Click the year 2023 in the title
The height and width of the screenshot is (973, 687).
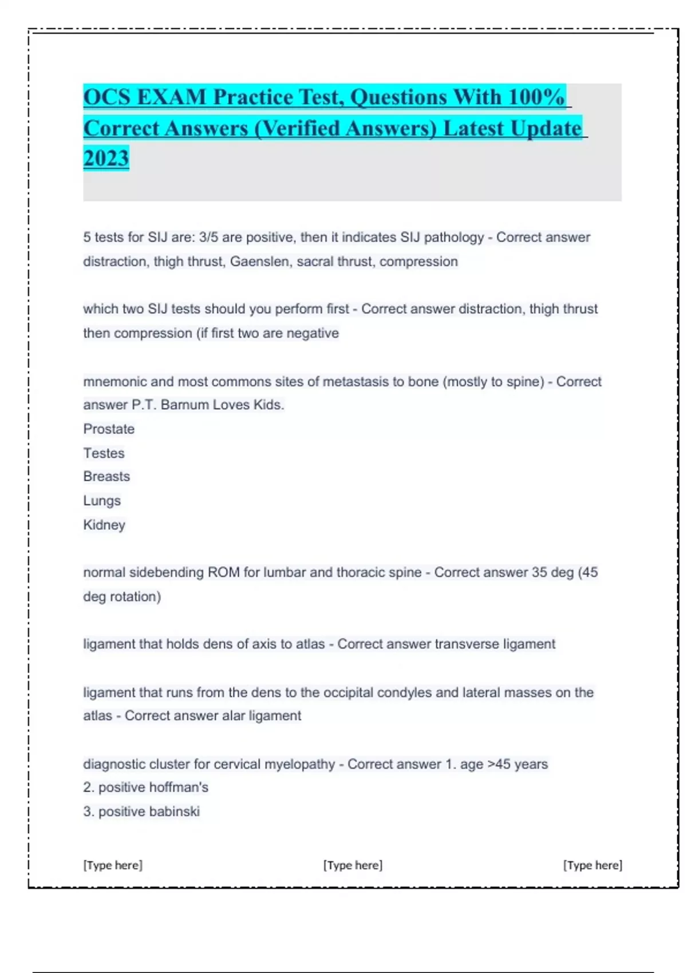(106, 158)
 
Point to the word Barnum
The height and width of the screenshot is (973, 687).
(184, 405)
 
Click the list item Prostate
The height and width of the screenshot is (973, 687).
(109, 429)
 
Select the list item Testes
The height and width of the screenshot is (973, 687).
(104, 453)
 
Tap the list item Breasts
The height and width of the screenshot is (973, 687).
(106, 476)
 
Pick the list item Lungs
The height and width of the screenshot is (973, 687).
(102, 500)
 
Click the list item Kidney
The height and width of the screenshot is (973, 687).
(104, 524)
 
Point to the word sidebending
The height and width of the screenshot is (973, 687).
(166, 572)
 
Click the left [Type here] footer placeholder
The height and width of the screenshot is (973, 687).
(113, 865)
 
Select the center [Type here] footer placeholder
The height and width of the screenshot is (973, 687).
(353, 865)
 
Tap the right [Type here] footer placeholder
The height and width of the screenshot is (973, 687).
(593, 865)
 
